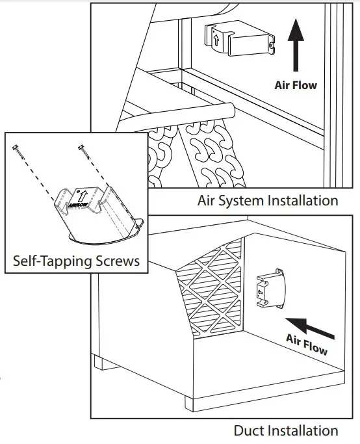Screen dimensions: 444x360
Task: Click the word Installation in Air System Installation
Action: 302,200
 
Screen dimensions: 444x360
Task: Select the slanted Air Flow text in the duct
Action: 307,343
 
